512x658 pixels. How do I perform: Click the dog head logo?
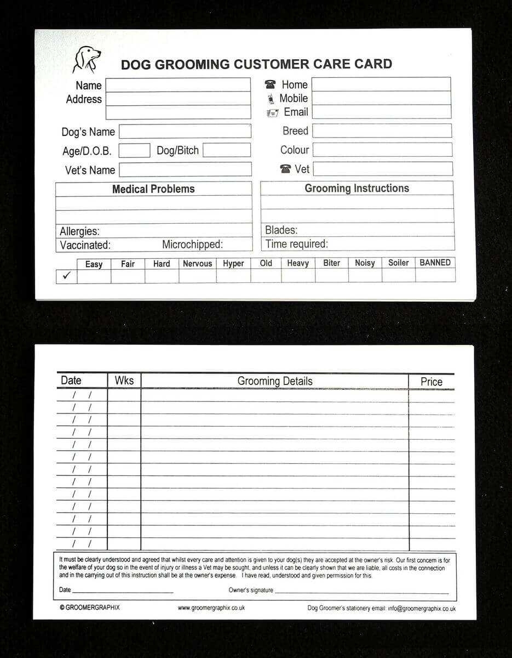click(x=87, y=59)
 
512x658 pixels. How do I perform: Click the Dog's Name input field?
click(x=185, y=132)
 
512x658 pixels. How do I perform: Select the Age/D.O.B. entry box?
click(x=134, y=150)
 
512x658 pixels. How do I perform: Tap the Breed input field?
click(x=382, y=131)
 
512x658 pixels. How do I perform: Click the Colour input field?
click(x=382, y=150)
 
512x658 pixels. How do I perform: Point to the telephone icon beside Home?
click(x=270, y=84)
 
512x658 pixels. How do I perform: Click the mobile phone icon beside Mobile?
click(x=270, y=99)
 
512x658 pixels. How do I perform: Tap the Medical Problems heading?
click(x=153, y=189)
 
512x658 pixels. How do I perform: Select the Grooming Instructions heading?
click(x=356, y=188)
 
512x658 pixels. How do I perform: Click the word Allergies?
click(x=79, y=231)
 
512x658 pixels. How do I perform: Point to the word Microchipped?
click(x=192, y=245)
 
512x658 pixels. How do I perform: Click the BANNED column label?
click(x=435, y=263)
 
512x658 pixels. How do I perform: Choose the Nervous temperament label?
click(x=197, y=264)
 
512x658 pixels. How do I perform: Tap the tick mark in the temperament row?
click(x=66, y=276)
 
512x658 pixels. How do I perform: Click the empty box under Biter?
click(x=331, y=275)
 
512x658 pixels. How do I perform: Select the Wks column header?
click(x=124, y=381)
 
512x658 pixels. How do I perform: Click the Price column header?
click(x=431, y=382)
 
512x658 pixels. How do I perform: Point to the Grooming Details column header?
click(x=275, y=381)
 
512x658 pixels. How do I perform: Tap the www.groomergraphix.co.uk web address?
click(x=211, y=608)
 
